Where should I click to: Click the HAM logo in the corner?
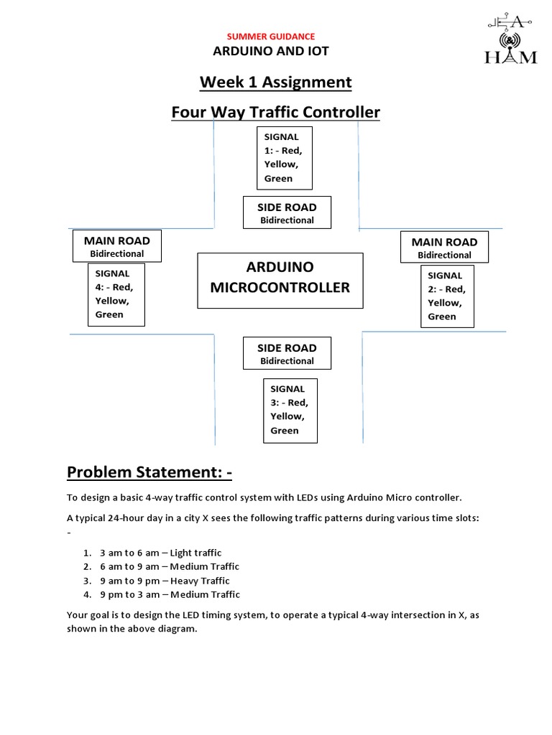click(x=510, y=39)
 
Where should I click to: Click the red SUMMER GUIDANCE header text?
click(x=271, y=37)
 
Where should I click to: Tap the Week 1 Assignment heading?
click(x=275, y=83)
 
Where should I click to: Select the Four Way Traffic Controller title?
click(x=275, y=113)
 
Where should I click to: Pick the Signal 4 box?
click(x=116, y=294)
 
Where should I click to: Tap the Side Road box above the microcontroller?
click(x=287, y=213)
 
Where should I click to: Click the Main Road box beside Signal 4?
click(x=117, y=246)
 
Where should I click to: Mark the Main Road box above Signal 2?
click(x=444, y=248)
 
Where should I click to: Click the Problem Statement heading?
click(x=149, y=472)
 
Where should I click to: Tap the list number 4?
click(x=87, y=594)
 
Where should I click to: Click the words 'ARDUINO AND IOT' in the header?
click(x=271, y=51)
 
